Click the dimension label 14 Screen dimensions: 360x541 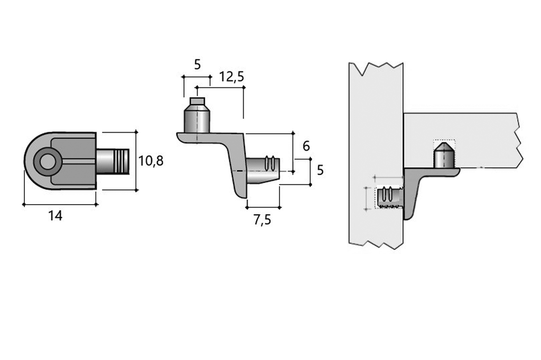[x=55, y=216]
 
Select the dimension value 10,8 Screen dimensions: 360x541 [x=151, y=161]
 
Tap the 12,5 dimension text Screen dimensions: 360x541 [x=231, y=77]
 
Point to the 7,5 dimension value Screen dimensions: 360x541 [x=262, y=220]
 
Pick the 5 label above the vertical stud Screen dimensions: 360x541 [x=197, y=64]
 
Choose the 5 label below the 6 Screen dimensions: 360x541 [x=320, y=170]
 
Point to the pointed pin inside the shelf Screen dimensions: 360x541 [x=444, y=155]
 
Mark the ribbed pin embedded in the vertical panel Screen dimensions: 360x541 [x=389, y=198]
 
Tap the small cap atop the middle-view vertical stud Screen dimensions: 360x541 [x=197, y=101]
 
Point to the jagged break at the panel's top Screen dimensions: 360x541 [x=376, y=68]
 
